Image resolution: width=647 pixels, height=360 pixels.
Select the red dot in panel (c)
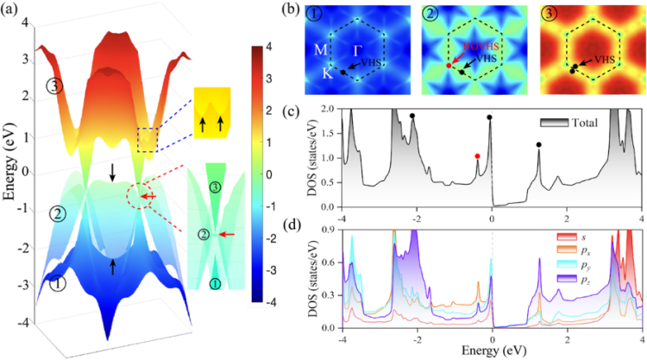tap(477, 156)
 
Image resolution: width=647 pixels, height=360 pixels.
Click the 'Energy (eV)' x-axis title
tap(490, 351)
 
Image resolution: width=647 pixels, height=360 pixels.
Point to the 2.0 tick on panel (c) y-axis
tap(329, 110)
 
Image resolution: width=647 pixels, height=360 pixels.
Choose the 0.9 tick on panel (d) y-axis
tap(329, 228)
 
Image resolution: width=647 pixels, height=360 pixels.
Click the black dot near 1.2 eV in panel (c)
tap(539, 145)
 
